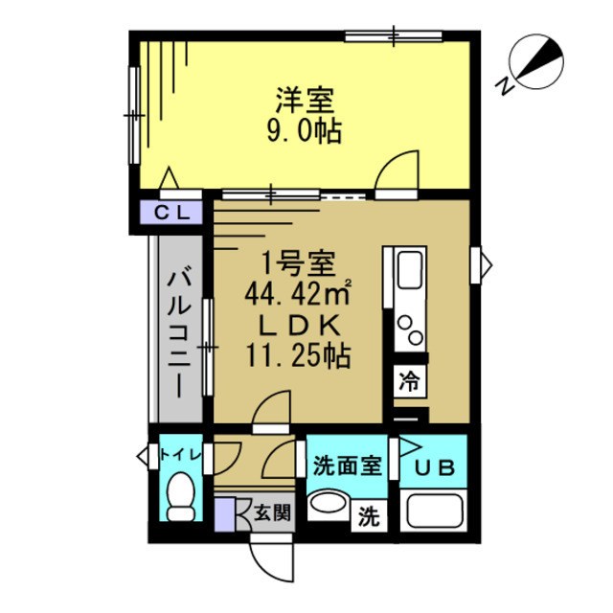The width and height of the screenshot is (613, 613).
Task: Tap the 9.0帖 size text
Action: pos(304,130)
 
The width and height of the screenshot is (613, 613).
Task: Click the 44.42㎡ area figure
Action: pos(298,292)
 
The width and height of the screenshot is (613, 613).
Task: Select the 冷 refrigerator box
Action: pos(409,380)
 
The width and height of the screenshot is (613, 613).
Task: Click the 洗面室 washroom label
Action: pos(346,466)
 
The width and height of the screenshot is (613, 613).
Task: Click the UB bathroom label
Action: pos(436,468)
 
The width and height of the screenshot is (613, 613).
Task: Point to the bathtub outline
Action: pos(436,511)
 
